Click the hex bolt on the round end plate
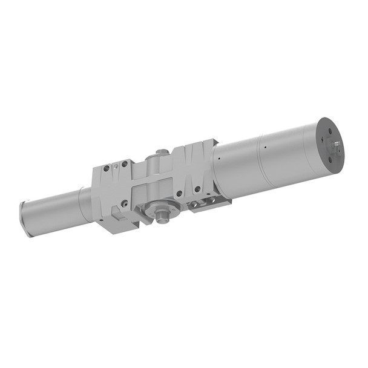pyautogui.click(x=337, y=144)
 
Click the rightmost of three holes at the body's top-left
pyautogui.click(x=124, y=163)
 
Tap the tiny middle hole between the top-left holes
pyautogui.click(x=115, y=166)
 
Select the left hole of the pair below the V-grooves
pyautogui.click(x=179, y=194)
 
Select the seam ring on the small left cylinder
pyautogui.click(x=80, y=204)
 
